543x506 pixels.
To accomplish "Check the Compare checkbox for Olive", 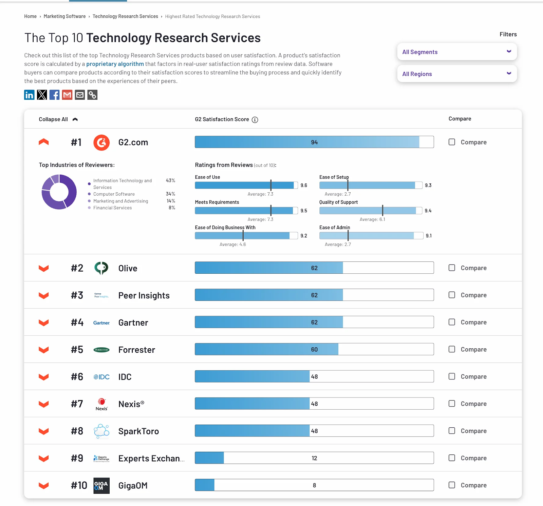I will [452, 268].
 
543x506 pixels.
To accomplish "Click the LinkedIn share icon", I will [30, 95].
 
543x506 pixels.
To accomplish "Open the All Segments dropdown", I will [456, 52].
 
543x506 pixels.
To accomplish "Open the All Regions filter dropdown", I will [456, 74].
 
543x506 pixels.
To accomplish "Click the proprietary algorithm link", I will [115, 64].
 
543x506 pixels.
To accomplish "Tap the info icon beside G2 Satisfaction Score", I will [255, 120].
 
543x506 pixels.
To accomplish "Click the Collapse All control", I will [58, 119].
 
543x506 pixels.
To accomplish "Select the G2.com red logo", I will [101, 142].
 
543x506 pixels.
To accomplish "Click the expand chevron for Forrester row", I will [44, 350].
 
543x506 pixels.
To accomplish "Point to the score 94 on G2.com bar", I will [314, 142].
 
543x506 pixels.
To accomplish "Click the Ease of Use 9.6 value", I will [304, 186].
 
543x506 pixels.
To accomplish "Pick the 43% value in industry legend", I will [170, 181].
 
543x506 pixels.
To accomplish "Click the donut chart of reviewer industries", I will [59, 192].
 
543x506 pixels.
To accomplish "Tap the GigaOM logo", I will [101, 486].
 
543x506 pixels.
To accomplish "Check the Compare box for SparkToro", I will [452, 431].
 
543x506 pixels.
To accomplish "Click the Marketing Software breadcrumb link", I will [64, 17].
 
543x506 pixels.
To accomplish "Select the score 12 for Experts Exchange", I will [314, 458].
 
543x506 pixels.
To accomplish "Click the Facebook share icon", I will [55, 95].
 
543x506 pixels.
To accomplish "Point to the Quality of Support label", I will [338, 202].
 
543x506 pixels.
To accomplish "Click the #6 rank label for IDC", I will [77, 377].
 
